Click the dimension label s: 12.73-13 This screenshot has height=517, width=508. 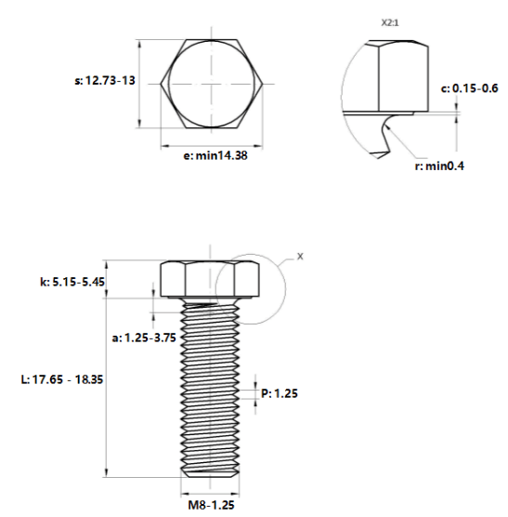coord(105,81)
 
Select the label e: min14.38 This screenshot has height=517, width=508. coord(215,155)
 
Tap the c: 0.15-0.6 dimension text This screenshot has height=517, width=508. coord(470,88)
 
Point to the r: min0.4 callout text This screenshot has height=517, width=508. coord(439,166)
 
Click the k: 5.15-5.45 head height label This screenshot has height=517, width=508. coord(72,282)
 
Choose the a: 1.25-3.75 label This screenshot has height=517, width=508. coord(144,338)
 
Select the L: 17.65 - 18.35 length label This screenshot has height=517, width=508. coord(62,379)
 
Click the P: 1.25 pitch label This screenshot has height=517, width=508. coord(280,393)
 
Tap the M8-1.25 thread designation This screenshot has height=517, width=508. coord(211,505)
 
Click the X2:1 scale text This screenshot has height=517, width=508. coord(390,22)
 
